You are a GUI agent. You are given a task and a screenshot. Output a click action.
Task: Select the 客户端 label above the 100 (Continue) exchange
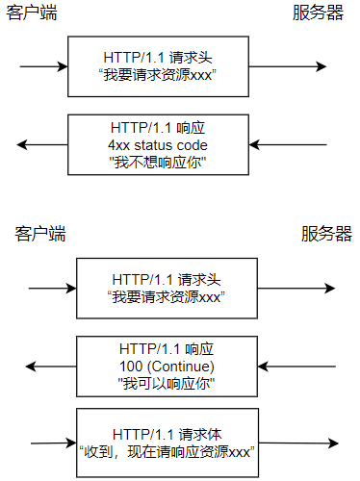(40, 234)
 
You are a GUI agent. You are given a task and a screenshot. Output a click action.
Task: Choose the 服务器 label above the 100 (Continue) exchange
(326, 234)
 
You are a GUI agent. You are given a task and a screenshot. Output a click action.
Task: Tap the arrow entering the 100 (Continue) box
(295, 367)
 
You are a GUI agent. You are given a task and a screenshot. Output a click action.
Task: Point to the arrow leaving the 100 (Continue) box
(51, 367)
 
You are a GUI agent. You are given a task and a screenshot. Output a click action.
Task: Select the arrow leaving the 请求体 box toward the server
(299, 442)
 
